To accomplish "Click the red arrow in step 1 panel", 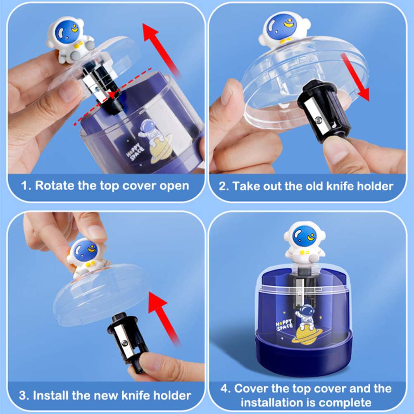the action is click(x=161, y=50).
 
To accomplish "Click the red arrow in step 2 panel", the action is click(x=355, y=76).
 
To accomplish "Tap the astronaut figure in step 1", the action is click(x=70, y=40).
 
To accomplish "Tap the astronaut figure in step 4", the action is click(x=305, y=243).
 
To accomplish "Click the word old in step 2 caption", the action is click(x=314, y=186).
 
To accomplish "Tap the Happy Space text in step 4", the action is click(x=284, y=325).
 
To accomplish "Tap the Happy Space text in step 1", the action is click(x=135, y=152).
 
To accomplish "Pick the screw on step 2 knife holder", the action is click(x=319, y=121).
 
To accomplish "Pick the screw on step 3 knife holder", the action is click(x=124, y=343).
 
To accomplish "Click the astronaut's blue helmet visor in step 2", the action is click(x=282, y=26).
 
